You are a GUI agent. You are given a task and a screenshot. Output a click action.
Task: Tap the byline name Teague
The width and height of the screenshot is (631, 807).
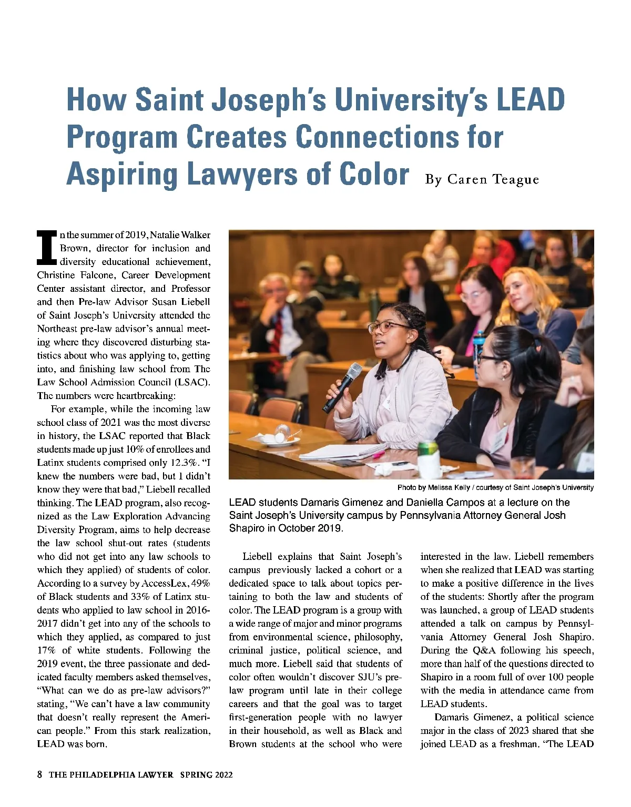pos(516,180)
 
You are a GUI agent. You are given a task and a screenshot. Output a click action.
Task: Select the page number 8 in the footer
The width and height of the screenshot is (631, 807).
pos(39,774)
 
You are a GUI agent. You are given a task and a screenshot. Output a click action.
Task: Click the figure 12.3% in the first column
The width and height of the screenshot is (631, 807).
pos(183,463)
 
